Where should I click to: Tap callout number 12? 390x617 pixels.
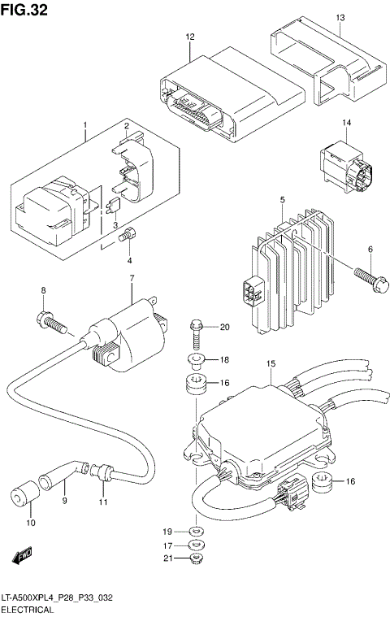click(190, 38)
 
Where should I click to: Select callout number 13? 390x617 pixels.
click(340, 18)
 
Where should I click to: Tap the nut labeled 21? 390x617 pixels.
click(195, 560)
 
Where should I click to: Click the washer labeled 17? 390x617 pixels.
click(195, 545)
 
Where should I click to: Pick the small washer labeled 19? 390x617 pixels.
click(196, 531)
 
